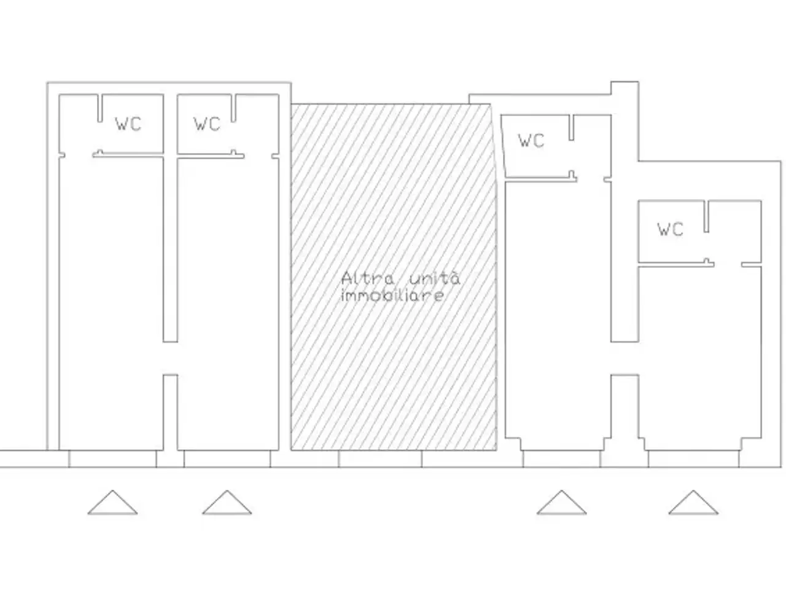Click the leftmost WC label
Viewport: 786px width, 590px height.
tap(128, 124)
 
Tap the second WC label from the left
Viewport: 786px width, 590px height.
tap(207, 124)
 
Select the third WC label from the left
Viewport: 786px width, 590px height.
tap(531, 140)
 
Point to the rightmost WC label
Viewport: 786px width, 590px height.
tap(670, 229)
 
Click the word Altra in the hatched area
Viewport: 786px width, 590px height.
tap(367, 278)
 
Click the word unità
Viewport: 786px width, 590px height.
tap(434, 278)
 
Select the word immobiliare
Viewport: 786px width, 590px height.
tap(393, 296)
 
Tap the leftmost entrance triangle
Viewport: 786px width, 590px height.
tap(112, 502)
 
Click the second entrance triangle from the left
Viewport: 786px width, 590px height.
tap(227, 502)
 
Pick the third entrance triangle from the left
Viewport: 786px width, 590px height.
tap(561, 502)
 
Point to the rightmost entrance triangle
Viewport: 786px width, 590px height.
tap(693, 502)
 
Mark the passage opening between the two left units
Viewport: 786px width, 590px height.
tap(170, 358)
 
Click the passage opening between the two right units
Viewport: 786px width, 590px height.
tap(625, 358)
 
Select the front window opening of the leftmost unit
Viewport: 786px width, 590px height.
tap(112, 458)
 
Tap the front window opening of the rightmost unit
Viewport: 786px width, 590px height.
tap(694, 458)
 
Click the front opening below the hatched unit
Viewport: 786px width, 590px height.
tap(380, 458)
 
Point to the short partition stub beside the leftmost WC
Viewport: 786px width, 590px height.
tap(100, 108)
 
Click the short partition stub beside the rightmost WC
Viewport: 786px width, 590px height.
tap(706, 216)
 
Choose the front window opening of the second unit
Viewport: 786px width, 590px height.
tap(227, 458)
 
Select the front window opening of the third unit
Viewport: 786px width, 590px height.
tap(561, 458)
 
